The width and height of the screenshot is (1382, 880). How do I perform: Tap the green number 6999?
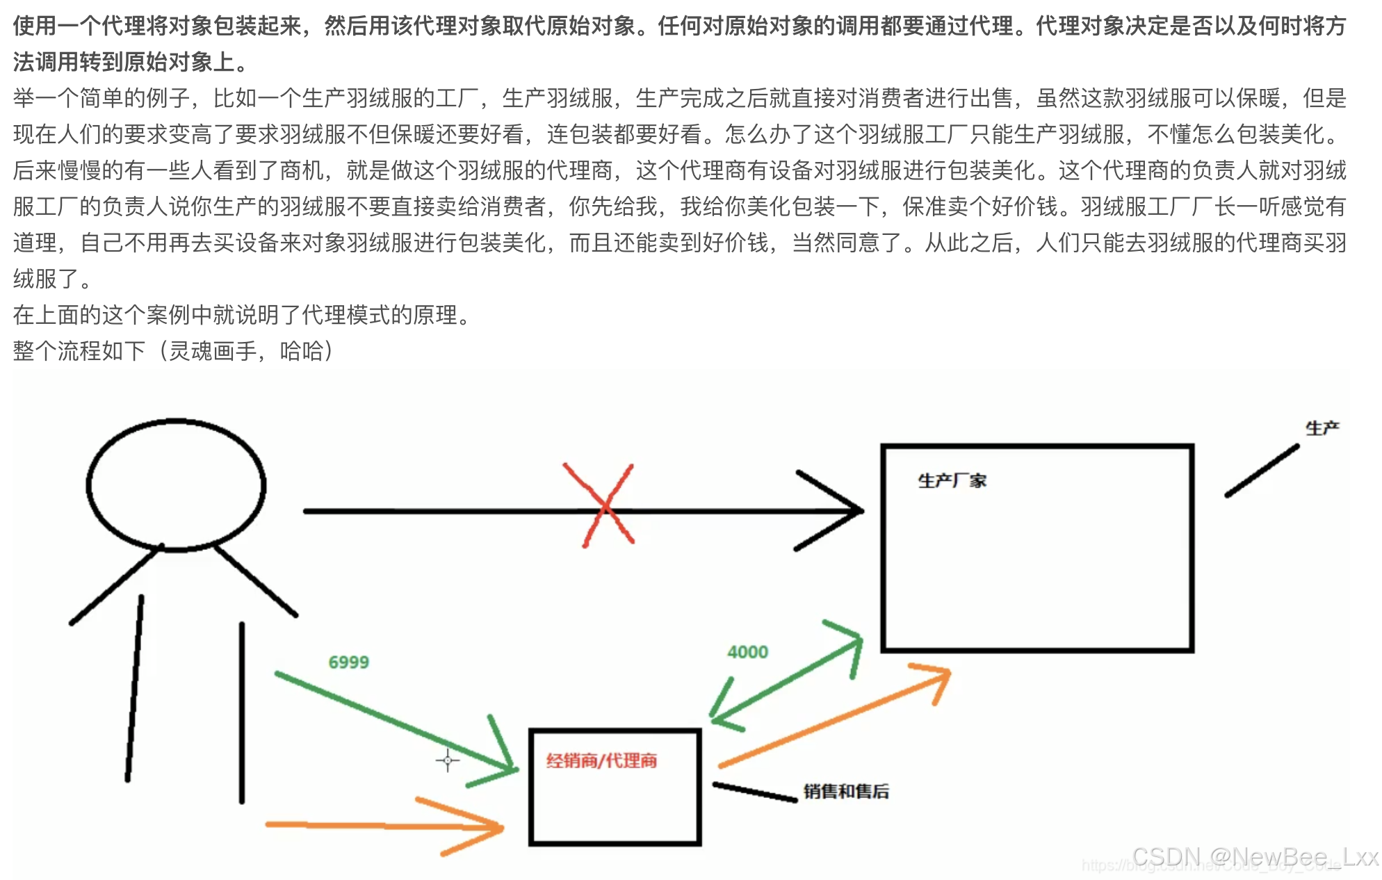pos(348,662)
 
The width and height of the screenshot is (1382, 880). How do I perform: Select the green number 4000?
pos(747,651)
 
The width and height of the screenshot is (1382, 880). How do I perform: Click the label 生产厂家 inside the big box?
pos(952,480)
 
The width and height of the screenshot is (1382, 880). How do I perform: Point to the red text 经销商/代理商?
pos(601,760)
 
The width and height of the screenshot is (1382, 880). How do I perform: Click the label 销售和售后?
pos(846,791)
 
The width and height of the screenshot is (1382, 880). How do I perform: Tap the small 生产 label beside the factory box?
pos(1322,428)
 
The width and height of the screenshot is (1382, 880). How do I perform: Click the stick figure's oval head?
pos(176,484)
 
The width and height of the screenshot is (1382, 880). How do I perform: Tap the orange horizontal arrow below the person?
pos(382,826)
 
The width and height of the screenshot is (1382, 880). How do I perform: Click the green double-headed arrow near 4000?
pos(786,678)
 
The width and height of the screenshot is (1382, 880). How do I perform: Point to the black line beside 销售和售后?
pos(754,792)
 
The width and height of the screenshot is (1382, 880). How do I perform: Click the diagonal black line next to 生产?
pos(1262,471)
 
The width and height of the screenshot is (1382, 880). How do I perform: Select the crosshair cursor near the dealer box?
pos(447,760)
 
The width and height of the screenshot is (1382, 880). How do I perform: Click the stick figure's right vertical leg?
pos(242,712)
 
